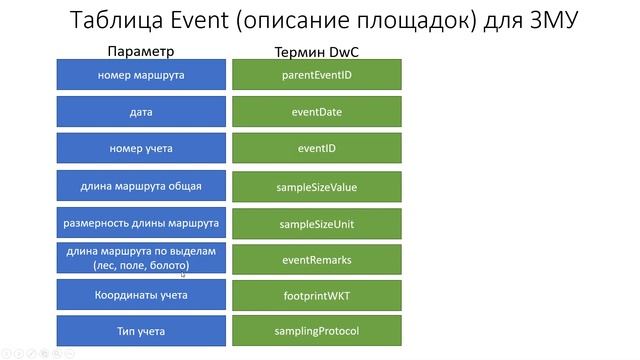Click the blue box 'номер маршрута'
(x=141, y=75)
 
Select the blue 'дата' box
(x=141, y=112)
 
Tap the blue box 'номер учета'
(x=141, y=149)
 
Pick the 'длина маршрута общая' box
(x=141, y=186)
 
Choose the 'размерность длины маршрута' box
(x=141, y=223)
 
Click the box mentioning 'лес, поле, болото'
(x=141, y=259)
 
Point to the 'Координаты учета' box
(x=141, y=295)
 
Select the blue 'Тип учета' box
(x=141, y=331)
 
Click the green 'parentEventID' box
(x=317, y=75)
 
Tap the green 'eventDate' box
(x=317, y=112)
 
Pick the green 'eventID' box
(x=317, y=149)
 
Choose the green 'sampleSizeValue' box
(x=317, y=187)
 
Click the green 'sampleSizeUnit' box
(x=317, y=224)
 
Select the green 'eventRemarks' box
(x=317, y=260)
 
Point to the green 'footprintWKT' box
(x=317, y=296)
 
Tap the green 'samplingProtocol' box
(x=317, y=331)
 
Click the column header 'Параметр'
(x=141, y=50)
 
